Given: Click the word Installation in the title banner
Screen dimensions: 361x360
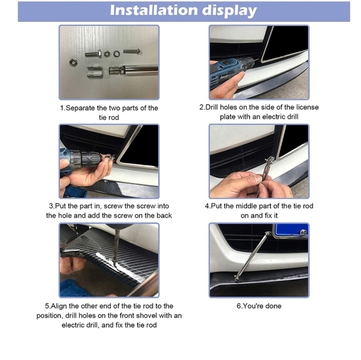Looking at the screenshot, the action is click(x=154, y=11).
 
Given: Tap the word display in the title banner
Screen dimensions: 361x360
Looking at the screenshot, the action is click(x=229, y=11).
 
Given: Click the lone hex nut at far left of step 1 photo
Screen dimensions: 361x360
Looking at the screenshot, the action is click(x=73, y=62).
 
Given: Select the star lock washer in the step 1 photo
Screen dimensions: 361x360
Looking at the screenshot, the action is click(x=117, y=54).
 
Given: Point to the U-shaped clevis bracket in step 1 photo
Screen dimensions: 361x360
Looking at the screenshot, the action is click(x=95, y=72).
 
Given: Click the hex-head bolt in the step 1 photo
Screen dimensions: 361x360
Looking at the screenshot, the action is click(x=93, y=54).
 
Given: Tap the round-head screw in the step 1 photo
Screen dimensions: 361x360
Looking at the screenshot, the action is click(x=132, y=51).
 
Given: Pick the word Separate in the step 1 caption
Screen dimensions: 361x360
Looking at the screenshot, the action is click(x=80, y=108).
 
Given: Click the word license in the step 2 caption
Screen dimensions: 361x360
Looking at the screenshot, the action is click(x=307, y=107).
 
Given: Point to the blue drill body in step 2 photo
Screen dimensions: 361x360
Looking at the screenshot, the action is click(x=225, y=69).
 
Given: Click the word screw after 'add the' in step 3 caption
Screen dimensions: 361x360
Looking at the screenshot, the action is click(x=134, y=216).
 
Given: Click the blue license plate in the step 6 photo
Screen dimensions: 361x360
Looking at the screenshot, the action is click(x=291, y=230).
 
